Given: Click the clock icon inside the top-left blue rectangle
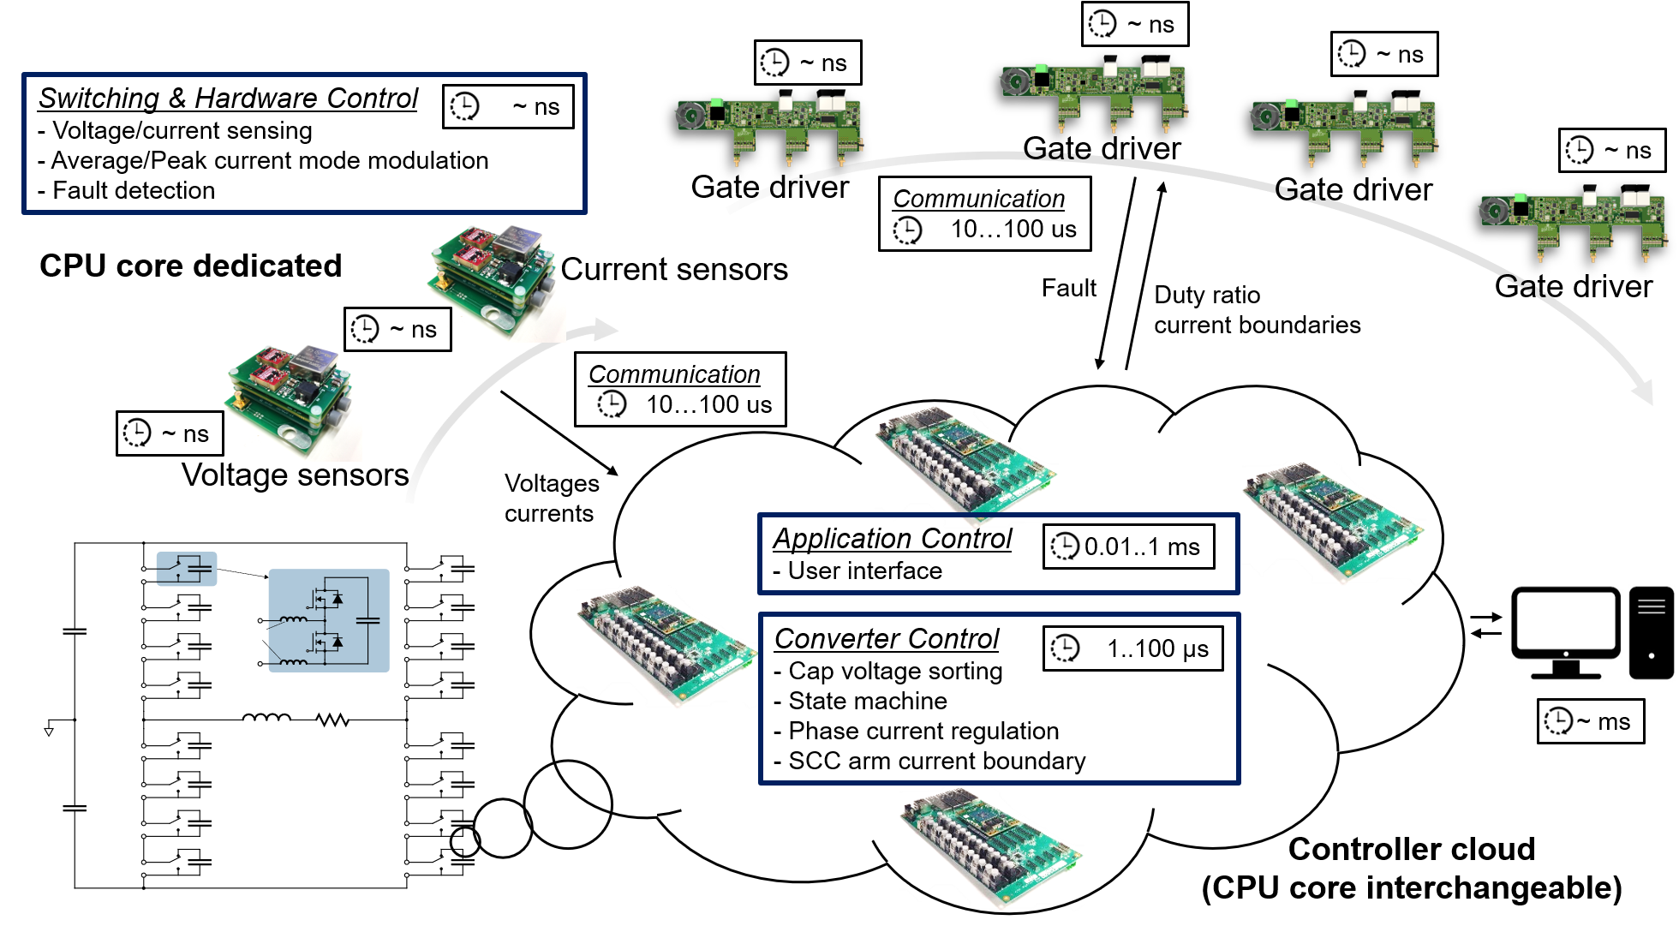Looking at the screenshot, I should coord(465,106).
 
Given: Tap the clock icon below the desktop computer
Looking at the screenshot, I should coord(1558,720).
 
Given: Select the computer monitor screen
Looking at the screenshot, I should coord(1566,624).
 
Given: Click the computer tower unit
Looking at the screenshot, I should coord(1651,633).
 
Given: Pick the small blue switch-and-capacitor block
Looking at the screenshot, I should coord(187,569).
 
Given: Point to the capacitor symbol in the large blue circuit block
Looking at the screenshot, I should coord(367,619).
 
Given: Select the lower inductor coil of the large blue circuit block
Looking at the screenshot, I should coord(293,661).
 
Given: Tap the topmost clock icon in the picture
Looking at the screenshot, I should coord(1102,23).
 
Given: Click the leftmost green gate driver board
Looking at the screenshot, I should coord(769,128).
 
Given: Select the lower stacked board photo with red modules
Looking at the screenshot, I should coord(289,400).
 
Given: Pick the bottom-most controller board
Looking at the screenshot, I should coord(991,848).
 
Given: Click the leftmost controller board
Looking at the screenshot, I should coord(666,647).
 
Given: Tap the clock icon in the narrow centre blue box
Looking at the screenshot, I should coord(1066,546).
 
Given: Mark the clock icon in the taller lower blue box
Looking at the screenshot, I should coord(1066,648).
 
